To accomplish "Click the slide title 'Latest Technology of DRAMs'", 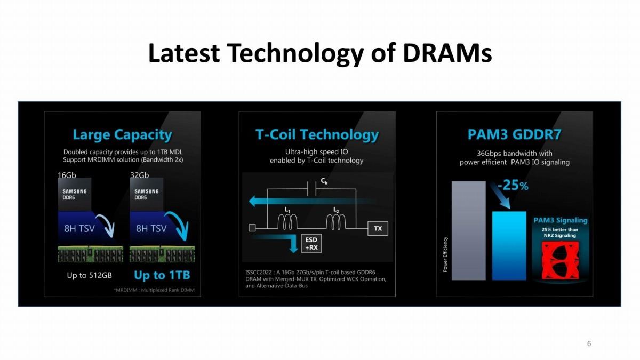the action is tap(320, 53).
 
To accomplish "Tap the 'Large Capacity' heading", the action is tap(122, 134).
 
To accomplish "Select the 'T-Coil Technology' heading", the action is tap(317, 134).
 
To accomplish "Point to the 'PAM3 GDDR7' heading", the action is tap(514, 134).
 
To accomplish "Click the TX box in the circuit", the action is tap(378, 228).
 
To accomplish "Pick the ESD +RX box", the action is tap(311, 243).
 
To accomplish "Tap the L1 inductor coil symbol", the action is tap(287, 222).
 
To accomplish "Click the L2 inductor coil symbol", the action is tap(335, 222).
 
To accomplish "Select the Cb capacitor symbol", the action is tap(311, 189).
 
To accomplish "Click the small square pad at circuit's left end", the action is tap(252, 228).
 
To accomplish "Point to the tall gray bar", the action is tap(469, 230).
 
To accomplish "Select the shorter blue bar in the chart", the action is tap(509, 246).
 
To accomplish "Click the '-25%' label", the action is tap(513, 185).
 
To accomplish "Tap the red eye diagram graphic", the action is tap(561, 260).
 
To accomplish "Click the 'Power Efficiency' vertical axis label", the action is tap(445, 254).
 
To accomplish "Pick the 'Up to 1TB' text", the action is tap(162, 275).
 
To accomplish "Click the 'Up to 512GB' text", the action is tap(90, 275).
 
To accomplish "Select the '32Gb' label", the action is tap(139, 175).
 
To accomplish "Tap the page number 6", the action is tap(589, 343).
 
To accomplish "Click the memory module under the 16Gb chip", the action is tap(91, 254).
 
